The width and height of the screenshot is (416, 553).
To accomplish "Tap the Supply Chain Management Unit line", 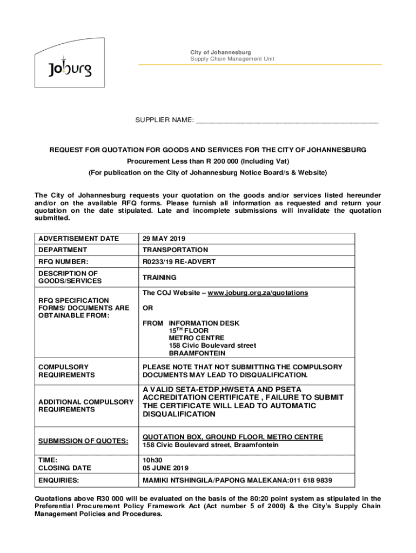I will click(232, 58).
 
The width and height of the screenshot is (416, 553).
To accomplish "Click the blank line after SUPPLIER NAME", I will click(287, 120).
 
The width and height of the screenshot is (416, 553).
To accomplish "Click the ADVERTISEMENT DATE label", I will click(78, 239).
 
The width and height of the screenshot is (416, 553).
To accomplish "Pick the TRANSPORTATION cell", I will click(175, 250).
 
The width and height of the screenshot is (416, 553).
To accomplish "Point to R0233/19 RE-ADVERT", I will click(179, 262).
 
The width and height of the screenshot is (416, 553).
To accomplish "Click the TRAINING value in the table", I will click(159, 278).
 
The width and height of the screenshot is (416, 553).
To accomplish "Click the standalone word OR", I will click(147, 308).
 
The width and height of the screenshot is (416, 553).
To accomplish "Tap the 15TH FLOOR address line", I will click(189, 331).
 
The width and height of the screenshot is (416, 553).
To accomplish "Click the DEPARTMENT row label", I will click(63, 250).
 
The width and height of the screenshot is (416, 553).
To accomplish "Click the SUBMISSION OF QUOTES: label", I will click(83, 441).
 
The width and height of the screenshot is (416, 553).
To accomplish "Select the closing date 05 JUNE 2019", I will click(165, 468).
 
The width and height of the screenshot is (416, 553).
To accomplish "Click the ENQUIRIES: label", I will click(58, 480).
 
